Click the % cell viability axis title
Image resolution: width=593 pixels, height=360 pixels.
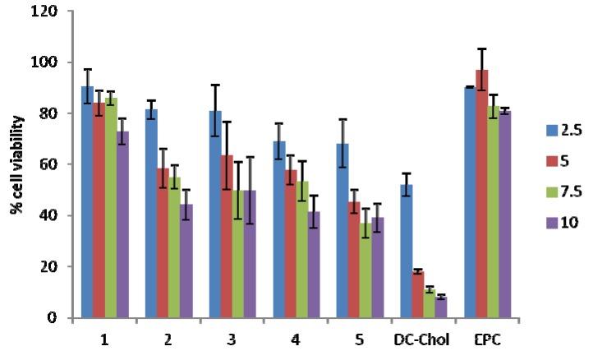point(17,164)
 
